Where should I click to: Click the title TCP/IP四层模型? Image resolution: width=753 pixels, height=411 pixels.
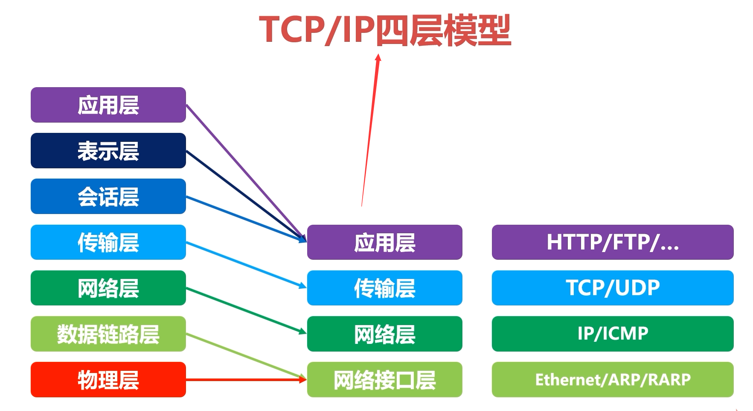pos(385,30)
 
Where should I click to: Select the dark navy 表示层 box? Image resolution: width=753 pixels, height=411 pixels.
pos(108,150)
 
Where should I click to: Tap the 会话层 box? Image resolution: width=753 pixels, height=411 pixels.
pos(108,196)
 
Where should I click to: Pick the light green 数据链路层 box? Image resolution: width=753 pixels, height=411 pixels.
pos(108,334)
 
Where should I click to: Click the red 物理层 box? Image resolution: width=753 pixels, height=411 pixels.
pos(108,379)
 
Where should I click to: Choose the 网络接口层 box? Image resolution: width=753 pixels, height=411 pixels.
pos(385,379)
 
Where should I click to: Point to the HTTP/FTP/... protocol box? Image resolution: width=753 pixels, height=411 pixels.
pos(613,242)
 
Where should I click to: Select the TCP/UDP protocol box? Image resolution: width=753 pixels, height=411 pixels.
pos(613,288)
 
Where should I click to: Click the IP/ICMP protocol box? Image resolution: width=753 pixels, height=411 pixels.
pos(613,334)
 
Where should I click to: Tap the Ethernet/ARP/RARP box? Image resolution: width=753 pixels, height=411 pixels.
pos(613,379)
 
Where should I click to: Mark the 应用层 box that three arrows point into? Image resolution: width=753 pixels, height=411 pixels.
pos(385,242)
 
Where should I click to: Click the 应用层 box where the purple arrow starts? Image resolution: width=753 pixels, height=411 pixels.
pos(108,105)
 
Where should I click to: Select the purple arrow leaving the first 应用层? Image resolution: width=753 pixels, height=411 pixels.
pos(246,173)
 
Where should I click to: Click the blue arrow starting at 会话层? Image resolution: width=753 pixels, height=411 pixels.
pos(246,219)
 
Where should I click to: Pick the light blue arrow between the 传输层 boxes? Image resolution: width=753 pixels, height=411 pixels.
pos(246,265)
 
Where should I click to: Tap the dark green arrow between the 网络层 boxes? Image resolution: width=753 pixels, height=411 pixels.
pos(246,311)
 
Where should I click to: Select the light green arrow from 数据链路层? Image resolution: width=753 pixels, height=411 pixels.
pos(246,356)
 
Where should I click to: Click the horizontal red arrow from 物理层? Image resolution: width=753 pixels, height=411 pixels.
pos(246,379)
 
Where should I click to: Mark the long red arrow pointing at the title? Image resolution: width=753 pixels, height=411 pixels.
pos(370,130)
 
